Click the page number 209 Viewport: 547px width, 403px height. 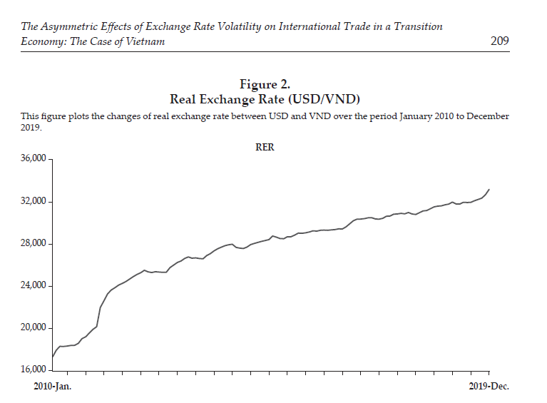499,41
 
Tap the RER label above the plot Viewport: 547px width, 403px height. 265,148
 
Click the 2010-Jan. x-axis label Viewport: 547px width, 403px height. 53,386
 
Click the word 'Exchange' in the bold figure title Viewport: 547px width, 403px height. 232,98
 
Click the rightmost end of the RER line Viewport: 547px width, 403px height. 489,189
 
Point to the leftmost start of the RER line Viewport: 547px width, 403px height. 52,357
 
